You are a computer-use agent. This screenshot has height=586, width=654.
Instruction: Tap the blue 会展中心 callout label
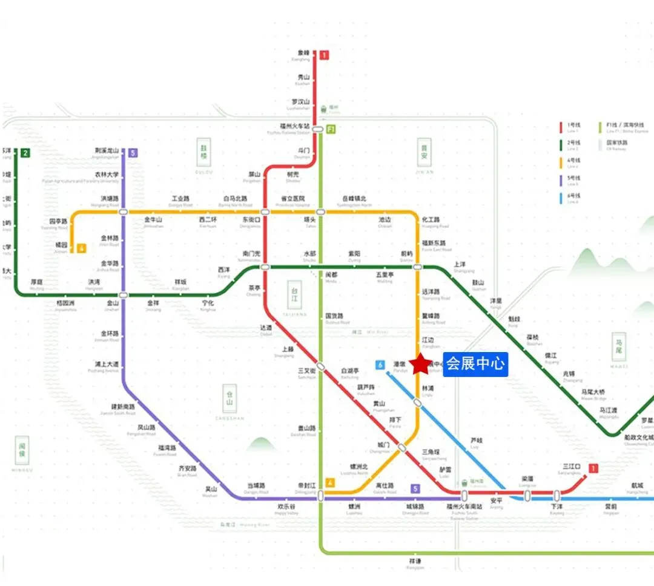475,364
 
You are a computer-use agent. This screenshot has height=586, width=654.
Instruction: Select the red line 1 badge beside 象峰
325,55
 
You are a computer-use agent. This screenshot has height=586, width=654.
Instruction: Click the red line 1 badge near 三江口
593,468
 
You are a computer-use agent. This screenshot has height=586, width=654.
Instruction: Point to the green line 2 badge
25,153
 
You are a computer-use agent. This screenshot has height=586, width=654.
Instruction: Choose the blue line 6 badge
380,365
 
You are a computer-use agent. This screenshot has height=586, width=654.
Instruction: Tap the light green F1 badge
331,130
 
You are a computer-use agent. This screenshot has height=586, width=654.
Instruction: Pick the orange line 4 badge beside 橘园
81,247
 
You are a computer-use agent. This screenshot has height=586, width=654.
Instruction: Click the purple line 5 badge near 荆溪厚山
133,153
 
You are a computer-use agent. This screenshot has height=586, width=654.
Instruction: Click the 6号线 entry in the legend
572,198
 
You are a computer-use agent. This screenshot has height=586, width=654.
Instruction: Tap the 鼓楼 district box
205,153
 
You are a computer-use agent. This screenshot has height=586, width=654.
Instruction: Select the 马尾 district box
619,347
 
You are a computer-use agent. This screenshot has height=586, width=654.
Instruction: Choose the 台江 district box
294,295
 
